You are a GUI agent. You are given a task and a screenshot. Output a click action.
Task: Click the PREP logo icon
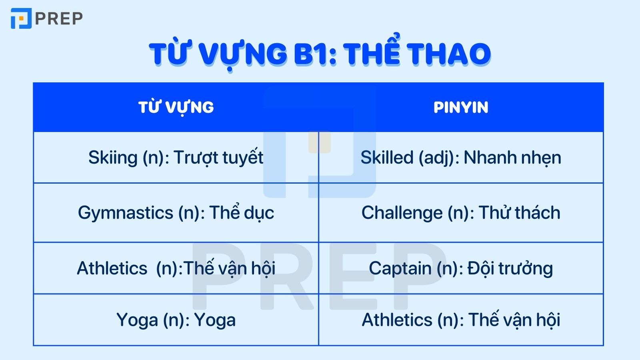[21, 18]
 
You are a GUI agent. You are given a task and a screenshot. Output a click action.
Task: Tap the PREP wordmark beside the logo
[59, 18]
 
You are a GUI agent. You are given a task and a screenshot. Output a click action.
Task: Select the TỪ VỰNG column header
[176, 107]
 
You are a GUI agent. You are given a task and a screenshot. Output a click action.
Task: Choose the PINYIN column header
[461, 107]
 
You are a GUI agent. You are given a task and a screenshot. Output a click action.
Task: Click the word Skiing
[113, 158]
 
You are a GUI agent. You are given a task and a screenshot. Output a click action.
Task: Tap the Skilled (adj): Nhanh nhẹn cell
[461, 158]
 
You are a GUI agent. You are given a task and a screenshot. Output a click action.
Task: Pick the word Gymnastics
[125, 213]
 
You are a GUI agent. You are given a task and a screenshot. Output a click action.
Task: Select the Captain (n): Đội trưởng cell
[461, 268]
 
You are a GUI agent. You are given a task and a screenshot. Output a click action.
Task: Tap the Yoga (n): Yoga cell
[176, 320]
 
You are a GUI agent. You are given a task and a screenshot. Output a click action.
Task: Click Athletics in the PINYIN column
[397, 320]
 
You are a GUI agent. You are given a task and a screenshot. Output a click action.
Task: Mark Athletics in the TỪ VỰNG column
[112, 268]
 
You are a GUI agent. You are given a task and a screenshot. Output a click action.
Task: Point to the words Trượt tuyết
[218, 158]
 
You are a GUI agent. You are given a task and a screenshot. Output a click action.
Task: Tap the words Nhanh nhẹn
[512, 158]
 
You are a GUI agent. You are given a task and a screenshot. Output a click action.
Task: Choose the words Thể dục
[242, 213]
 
